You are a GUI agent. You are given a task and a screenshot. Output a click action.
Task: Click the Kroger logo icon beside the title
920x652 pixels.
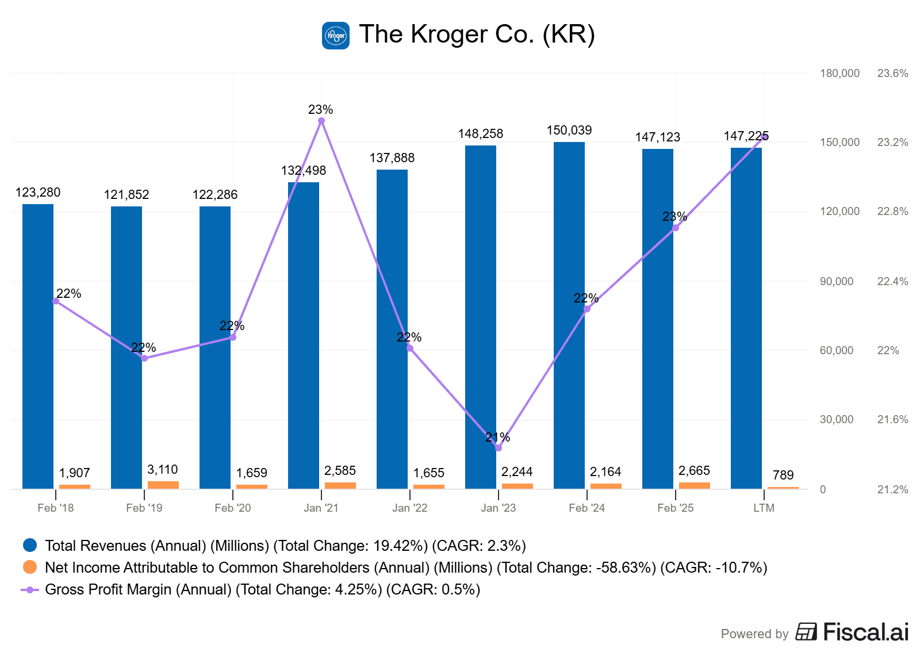(335, 36)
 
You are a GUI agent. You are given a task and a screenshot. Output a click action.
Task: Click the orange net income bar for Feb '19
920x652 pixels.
(163, 485)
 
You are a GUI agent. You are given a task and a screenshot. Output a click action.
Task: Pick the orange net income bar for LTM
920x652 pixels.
(783, 488)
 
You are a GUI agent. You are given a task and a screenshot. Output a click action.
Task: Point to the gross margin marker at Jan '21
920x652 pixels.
(321, 121)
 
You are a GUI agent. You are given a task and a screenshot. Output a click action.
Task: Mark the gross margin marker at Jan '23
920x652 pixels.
(499, 448)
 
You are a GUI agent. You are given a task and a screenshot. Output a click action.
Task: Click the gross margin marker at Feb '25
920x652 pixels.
(676, 228)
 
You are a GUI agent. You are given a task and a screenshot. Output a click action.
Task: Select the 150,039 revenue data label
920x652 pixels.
(569, 131)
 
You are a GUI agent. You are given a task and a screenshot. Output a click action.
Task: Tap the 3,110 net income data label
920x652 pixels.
(163, 470)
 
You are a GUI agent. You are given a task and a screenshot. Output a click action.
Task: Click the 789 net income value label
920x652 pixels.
(783, 475)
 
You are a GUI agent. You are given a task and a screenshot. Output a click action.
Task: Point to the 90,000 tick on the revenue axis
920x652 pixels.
(837, 281)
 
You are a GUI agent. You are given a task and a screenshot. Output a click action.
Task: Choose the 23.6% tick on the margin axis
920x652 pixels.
(892, 73)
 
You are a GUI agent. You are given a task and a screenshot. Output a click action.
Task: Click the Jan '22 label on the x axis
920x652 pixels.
(410, 508)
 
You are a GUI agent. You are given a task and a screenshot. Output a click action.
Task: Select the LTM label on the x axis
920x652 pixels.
(764, 508)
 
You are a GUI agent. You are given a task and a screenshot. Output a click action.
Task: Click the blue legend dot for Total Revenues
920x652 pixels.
(30, 545)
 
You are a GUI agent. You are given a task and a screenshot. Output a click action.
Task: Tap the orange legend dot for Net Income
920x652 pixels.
(30, 567)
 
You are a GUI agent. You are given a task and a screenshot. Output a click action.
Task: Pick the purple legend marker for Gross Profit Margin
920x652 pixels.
(30, 589)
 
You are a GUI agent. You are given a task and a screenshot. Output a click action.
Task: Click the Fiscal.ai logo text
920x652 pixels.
(865, 632)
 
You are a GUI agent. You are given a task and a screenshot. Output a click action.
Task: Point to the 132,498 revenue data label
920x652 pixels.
(304, 171)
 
